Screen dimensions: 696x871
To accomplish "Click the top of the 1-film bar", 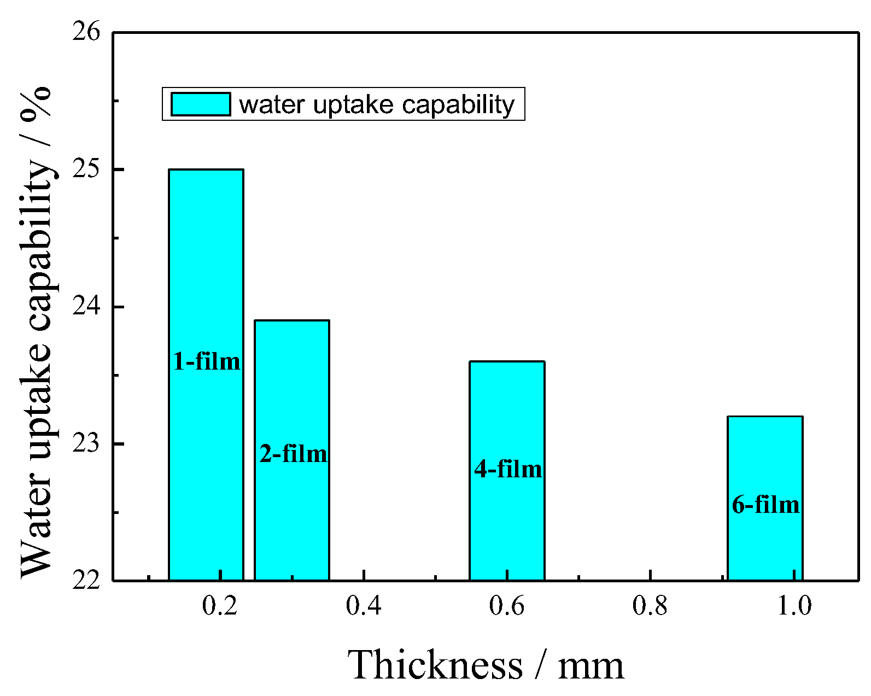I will click(206, 170).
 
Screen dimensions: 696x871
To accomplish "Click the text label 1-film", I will click(206, 361).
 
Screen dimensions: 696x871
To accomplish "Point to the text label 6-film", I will click(765, 504).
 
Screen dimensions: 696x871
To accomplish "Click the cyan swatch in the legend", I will click(200, 104).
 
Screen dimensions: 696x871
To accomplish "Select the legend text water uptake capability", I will click(377, 104).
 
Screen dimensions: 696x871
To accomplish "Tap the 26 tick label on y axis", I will click(86, 32).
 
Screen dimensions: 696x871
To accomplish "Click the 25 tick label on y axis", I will click(86, 169).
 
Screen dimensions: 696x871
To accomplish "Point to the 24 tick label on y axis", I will click(86, 307).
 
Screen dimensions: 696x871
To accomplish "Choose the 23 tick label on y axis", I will click(86, 443).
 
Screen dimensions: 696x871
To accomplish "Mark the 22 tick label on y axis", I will click(86, 580).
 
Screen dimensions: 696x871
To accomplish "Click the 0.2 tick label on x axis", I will click(219, 606).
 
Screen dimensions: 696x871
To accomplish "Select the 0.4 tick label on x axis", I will click(363, 606).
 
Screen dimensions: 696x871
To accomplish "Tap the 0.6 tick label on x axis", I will click(507, 606).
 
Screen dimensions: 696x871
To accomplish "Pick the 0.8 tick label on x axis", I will click(650, 606).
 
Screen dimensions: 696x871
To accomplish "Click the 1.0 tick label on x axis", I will click(794, 606).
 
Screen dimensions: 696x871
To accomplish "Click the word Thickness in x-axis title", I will click(435, 665).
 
